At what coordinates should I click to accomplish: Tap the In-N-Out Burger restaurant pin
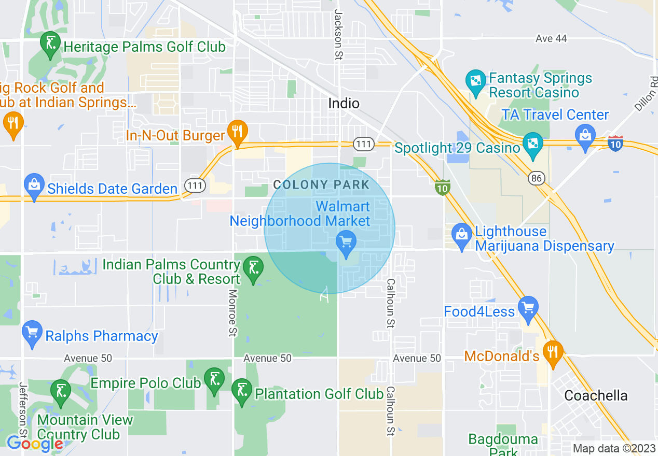point(237,132)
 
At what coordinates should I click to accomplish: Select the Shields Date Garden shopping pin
point(34,186)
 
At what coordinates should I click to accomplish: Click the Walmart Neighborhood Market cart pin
point(346,243)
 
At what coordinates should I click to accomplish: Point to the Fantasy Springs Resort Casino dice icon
point(475,82)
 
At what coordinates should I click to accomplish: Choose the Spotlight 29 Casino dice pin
point(532,145)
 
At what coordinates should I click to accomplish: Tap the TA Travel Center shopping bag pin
point(585,137)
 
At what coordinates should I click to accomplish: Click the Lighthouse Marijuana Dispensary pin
point(461,235)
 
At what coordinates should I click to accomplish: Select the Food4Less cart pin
point(528,308)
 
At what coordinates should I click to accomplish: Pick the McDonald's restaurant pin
point(552,353)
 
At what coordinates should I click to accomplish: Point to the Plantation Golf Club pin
point(241,391)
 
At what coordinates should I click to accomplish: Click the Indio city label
point(344,103)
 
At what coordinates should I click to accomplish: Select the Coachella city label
point(596,396)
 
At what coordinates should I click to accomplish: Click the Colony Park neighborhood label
point(321,184)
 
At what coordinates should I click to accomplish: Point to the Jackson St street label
point(338,35)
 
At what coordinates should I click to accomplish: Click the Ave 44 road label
point(551,38)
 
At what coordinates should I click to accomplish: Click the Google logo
point(35,444)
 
